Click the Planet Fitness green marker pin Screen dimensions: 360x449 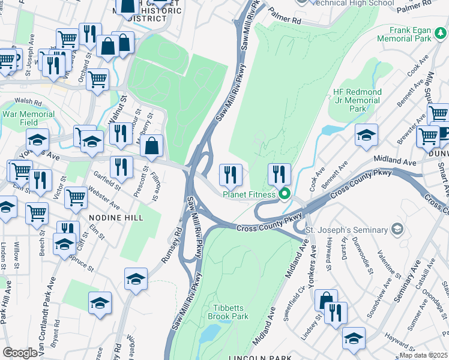point(285,194)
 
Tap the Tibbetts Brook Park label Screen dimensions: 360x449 point(228,311)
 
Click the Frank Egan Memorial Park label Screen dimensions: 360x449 point(410,34)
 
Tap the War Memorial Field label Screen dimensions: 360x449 point(28,118)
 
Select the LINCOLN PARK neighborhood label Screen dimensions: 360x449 point(260,357)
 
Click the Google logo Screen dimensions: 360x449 point(20,353)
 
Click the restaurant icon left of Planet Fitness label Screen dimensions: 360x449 point(231,175)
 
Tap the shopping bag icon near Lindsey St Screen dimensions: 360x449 point(326,300)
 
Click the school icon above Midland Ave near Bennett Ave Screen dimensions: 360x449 point(366,135)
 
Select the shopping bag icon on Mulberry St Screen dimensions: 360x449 point(152,146)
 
